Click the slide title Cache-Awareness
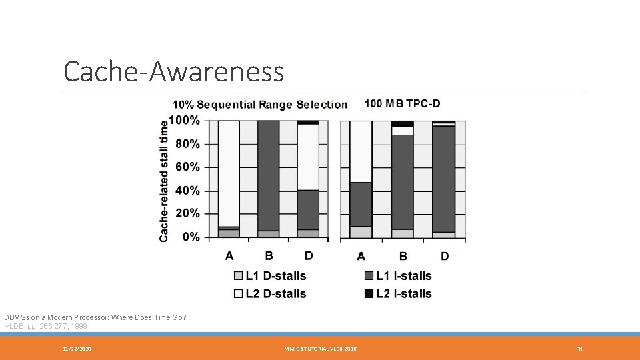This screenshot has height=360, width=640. coord(173,71)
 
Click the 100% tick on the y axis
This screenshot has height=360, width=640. coord(184,121)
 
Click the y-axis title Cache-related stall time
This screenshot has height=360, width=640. coord(164,180)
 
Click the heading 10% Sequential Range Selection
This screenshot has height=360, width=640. coord(260,105)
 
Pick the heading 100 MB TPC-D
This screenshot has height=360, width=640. coord(402,103)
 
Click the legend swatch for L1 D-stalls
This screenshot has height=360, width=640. coord(239,276)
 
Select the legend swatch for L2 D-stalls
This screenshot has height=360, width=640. coord(239,294)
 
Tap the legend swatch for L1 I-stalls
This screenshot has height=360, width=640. coord(369,276)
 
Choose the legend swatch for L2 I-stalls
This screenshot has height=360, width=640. coord(369,294)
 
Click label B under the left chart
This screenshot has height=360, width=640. coord(269,255)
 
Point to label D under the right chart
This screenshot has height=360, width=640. coord(445,256)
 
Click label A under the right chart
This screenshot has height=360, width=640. coord(361,256)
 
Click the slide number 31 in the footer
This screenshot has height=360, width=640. coord(580,349)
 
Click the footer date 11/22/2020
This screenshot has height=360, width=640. coord(77,349)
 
